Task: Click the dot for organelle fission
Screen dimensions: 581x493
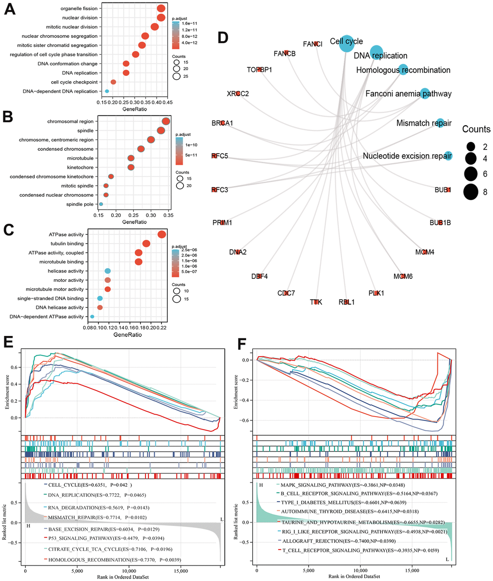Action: pyautogui.click(x=161, y=8)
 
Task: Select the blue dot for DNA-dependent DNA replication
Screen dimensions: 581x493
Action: pyautogui.click(x=107, y=91)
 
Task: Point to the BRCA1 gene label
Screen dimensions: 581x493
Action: pyautogui.click(x=222, y=123)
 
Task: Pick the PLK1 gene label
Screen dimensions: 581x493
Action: pyautogui.click(x=376, y=293)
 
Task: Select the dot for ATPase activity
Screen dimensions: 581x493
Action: pyautogui.click(x=162, y=234)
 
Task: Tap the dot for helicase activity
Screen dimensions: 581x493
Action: pyautogui.click(x=107, y=271)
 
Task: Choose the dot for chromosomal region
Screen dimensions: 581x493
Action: pyautogui.click(x=166, y=121)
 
